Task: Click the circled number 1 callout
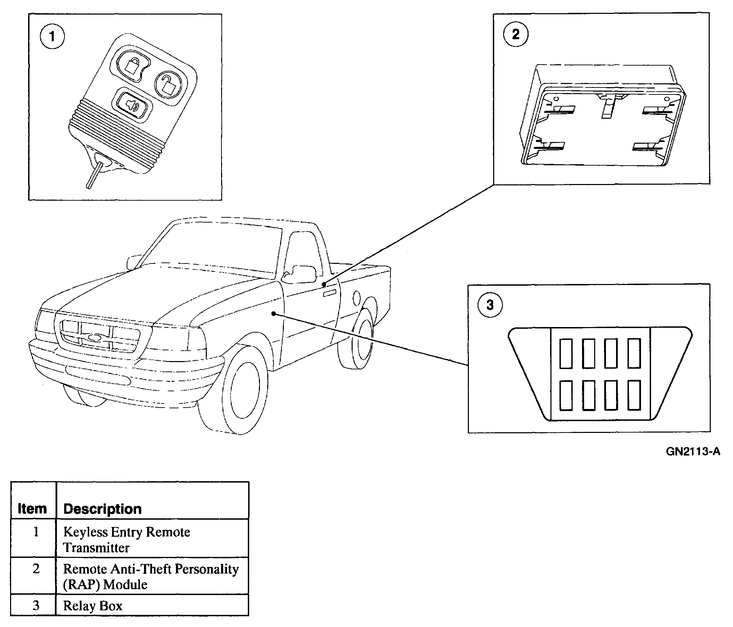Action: pyautogui.click(x=52, y=36)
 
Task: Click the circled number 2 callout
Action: pyautogui.click(x=515, y=34)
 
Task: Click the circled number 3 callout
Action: pyautogui.click(x=490, y=305)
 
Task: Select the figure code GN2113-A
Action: pyautogui.click(x=693, y=451)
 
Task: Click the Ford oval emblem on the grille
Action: pyautogui.click(x=94, y=337)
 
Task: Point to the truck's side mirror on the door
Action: pyautogui.click(x=301, y=274)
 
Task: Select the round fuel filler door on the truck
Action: pyautogui.click(x=356, y=298)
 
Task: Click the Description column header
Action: pyautogui.click(x=103, y=509)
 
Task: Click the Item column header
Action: pyautogui.click(x=32, y=509)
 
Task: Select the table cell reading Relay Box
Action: pyautogui.click(x=93, y=606)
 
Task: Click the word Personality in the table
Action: pyautogui.click(x=207, y=569)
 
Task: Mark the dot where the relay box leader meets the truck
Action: pyautogui.click(x=273, y=313)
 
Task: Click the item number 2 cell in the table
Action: pyautogui.click(x=36, y=569)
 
